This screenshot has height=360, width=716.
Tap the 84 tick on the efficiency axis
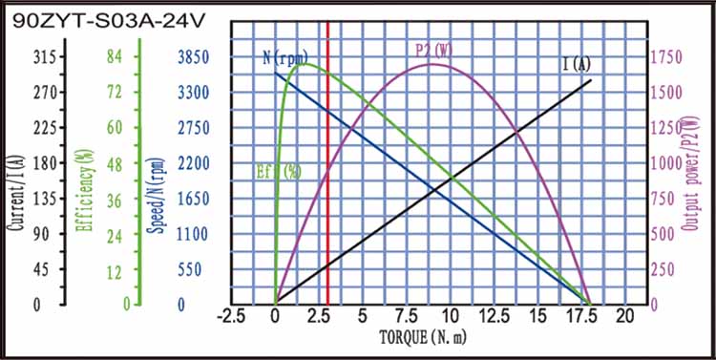(x=115, y=57)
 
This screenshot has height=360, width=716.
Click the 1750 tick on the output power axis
(x=665, y=57)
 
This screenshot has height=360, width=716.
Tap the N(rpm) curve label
(x=284, y=57)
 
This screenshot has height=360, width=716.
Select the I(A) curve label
(x=576, y=65)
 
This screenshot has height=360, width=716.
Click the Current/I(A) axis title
(x=16, y=181)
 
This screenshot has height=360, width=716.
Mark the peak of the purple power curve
(x=432, y=64)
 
